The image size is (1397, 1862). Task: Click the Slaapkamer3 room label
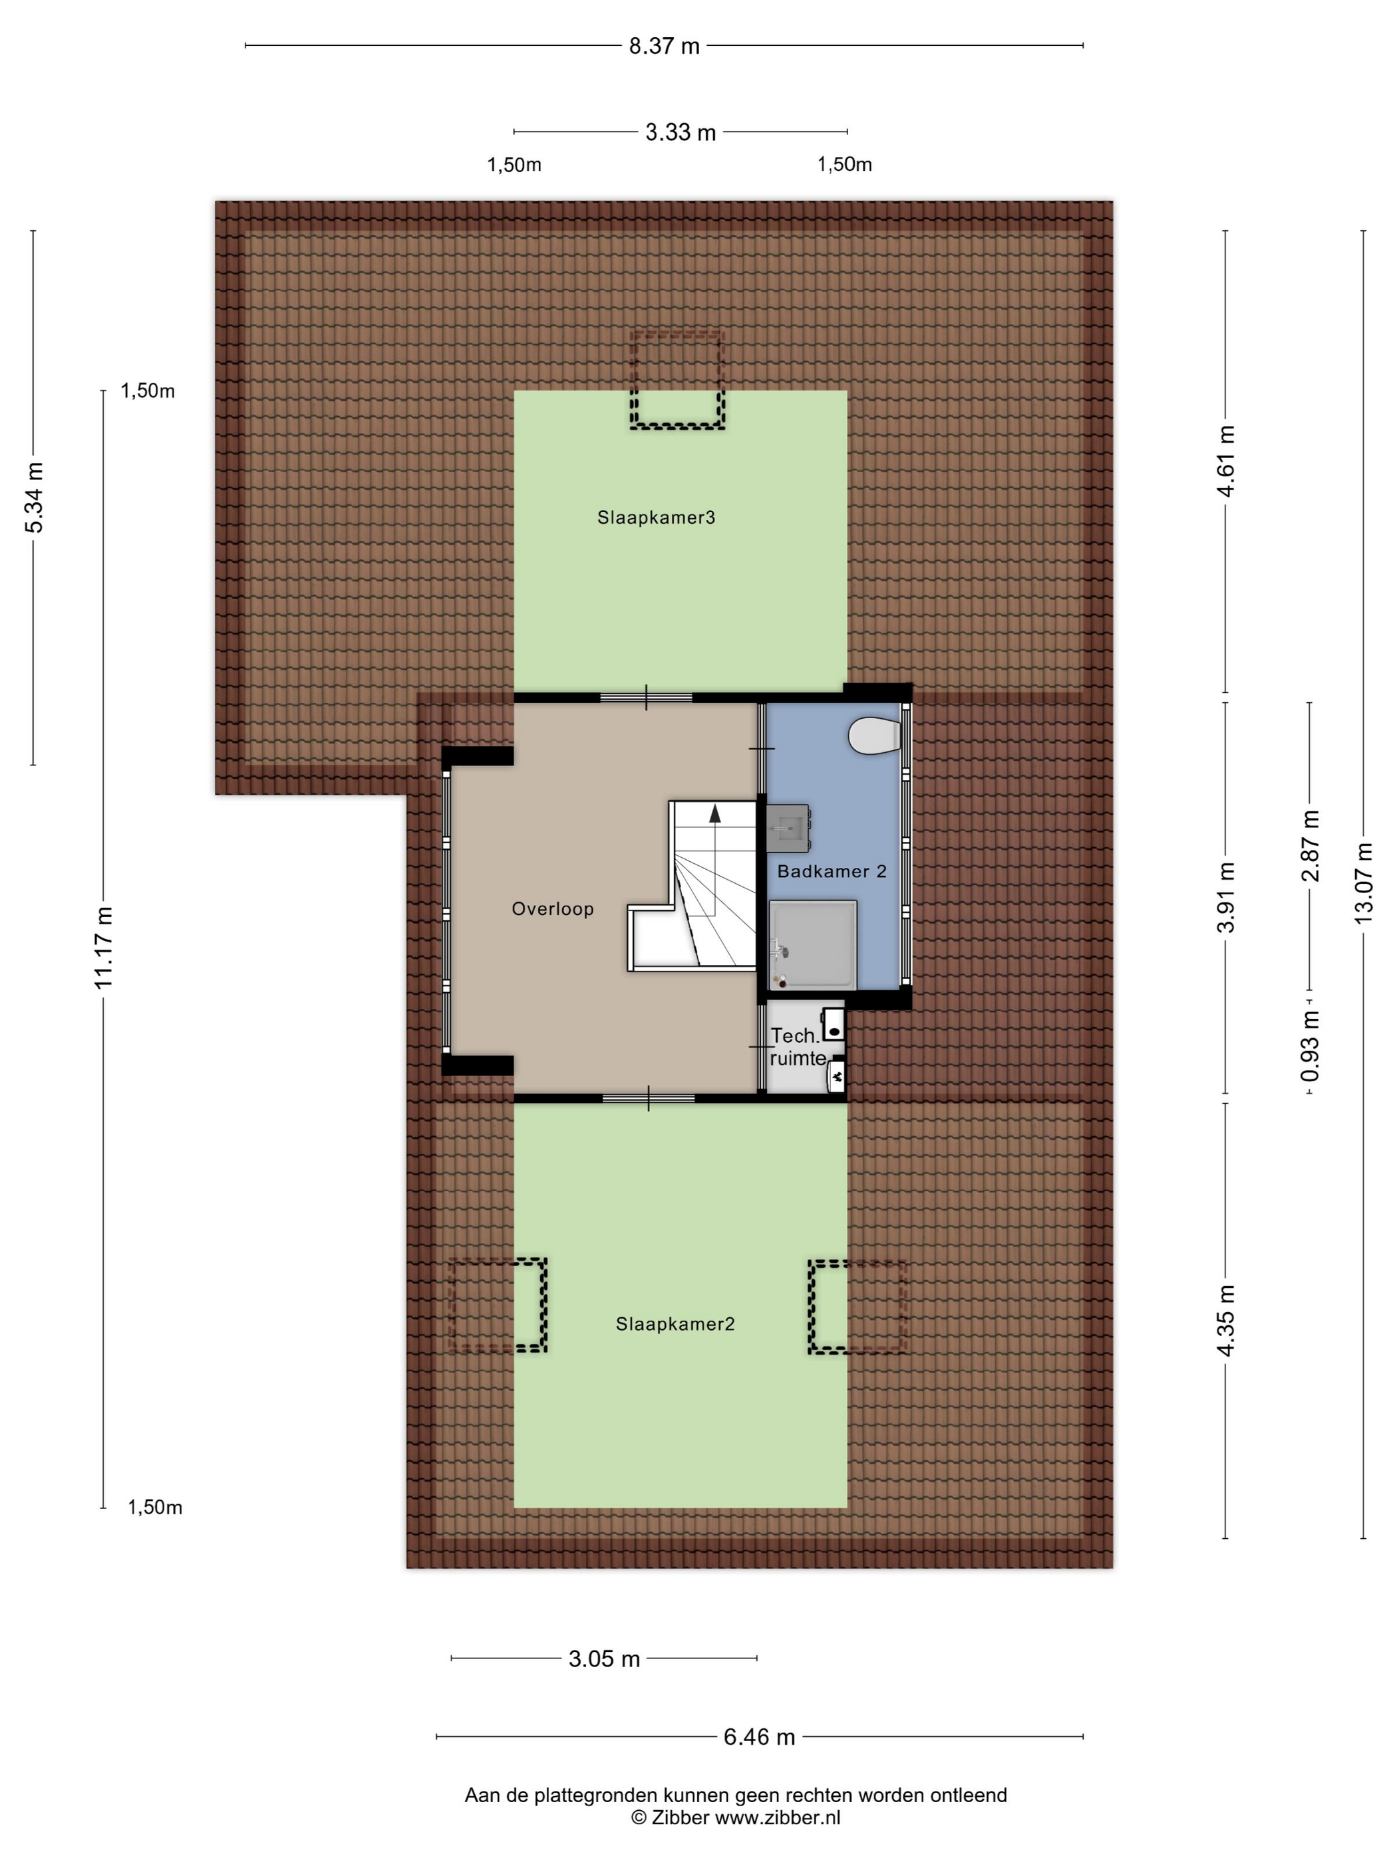pyautogui.click(x=656, y=517)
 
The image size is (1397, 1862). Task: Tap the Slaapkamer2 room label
pyautogui.click(x=675, y=1324)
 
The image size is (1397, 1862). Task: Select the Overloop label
pyautogui.click(x=552, y=909)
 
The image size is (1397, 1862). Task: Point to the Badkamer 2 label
pyautogui.click(x=831, y=871)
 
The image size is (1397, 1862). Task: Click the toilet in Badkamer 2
pyautogui.click(x=874, y=735)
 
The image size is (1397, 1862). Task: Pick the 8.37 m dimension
pyautogui.click(x=665, y=45)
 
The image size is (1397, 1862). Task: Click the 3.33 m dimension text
pyautogui.click(x=681, y=132)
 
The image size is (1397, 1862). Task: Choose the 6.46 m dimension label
pyautogui.click(x=759, y=1736)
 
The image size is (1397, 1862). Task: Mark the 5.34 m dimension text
pyautogui.click(x=34, y=497)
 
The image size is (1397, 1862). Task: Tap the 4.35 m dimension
pyautogui.click(x=1225, y=1321)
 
